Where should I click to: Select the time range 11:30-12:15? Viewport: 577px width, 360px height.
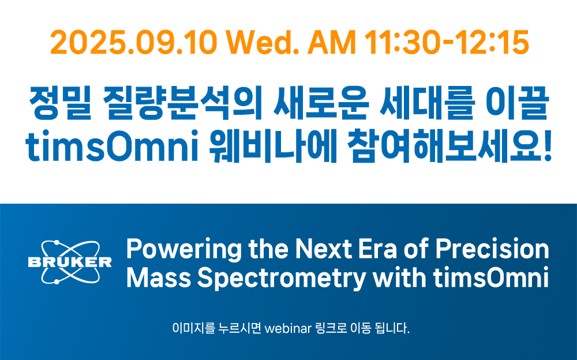click(x=447, y=43)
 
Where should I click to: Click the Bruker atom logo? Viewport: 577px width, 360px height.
click(x=70, y=262)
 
